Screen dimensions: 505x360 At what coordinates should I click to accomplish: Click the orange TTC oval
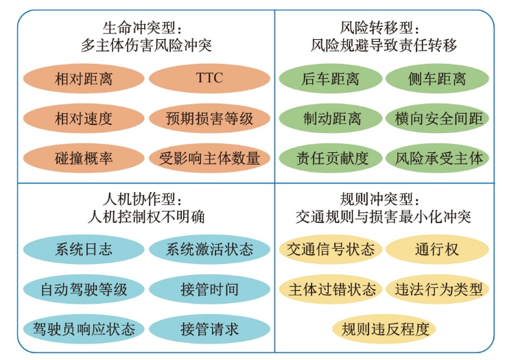pos(210,78)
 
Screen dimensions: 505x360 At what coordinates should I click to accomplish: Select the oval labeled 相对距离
pos(84,78)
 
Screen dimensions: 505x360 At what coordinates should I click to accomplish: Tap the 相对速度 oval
pos(84,118)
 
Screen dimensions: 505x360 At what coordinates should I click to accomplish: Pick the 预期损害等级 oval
pos(210,118)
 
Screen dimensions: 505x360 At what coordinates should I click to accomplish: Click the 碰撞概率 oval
pos(84,158)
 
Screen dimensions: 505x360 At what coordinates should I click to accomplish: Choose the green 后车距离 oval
pos(331,78)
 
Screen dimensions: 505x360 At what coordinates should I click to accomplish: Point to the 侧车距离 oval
pos(437,78)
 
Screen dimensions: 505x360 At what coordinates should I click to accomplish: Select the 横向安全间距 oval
pos(437,118)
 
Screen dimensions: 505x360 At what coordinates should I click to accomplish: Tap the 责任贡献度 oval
pos(331,158)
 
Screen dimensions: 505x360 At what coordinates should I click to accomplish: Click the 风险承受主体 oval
pos(437,158)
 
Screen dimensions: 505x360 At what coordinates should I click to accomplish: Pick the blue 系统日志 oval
pos(84,249)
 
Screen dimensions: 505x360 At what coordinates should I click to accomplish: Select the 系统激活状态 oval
pos(210,249)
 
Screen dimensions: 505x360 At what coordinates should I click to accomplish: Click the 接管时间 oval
pos(210,289)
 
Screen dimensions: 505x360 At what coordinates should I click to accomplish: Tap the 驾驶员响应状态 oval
pos(84,328)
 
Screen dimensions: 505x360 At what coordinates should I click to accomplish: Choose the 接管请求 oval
pos(210,328)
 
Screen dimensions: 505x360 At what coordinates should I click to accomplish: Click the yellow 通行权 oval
pos(437,249)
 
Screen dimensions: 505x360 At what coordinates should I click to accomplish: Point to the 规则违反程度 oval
pos(384,328)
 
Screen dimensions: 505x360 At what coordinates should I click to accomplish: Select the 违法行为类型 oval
pos(437,289)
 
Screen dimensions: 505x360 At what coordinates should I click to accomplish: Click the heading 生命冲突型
pos(139,28)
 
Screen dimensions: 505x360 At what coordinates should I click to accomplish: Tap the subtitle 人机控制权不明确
pos(147,217)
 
